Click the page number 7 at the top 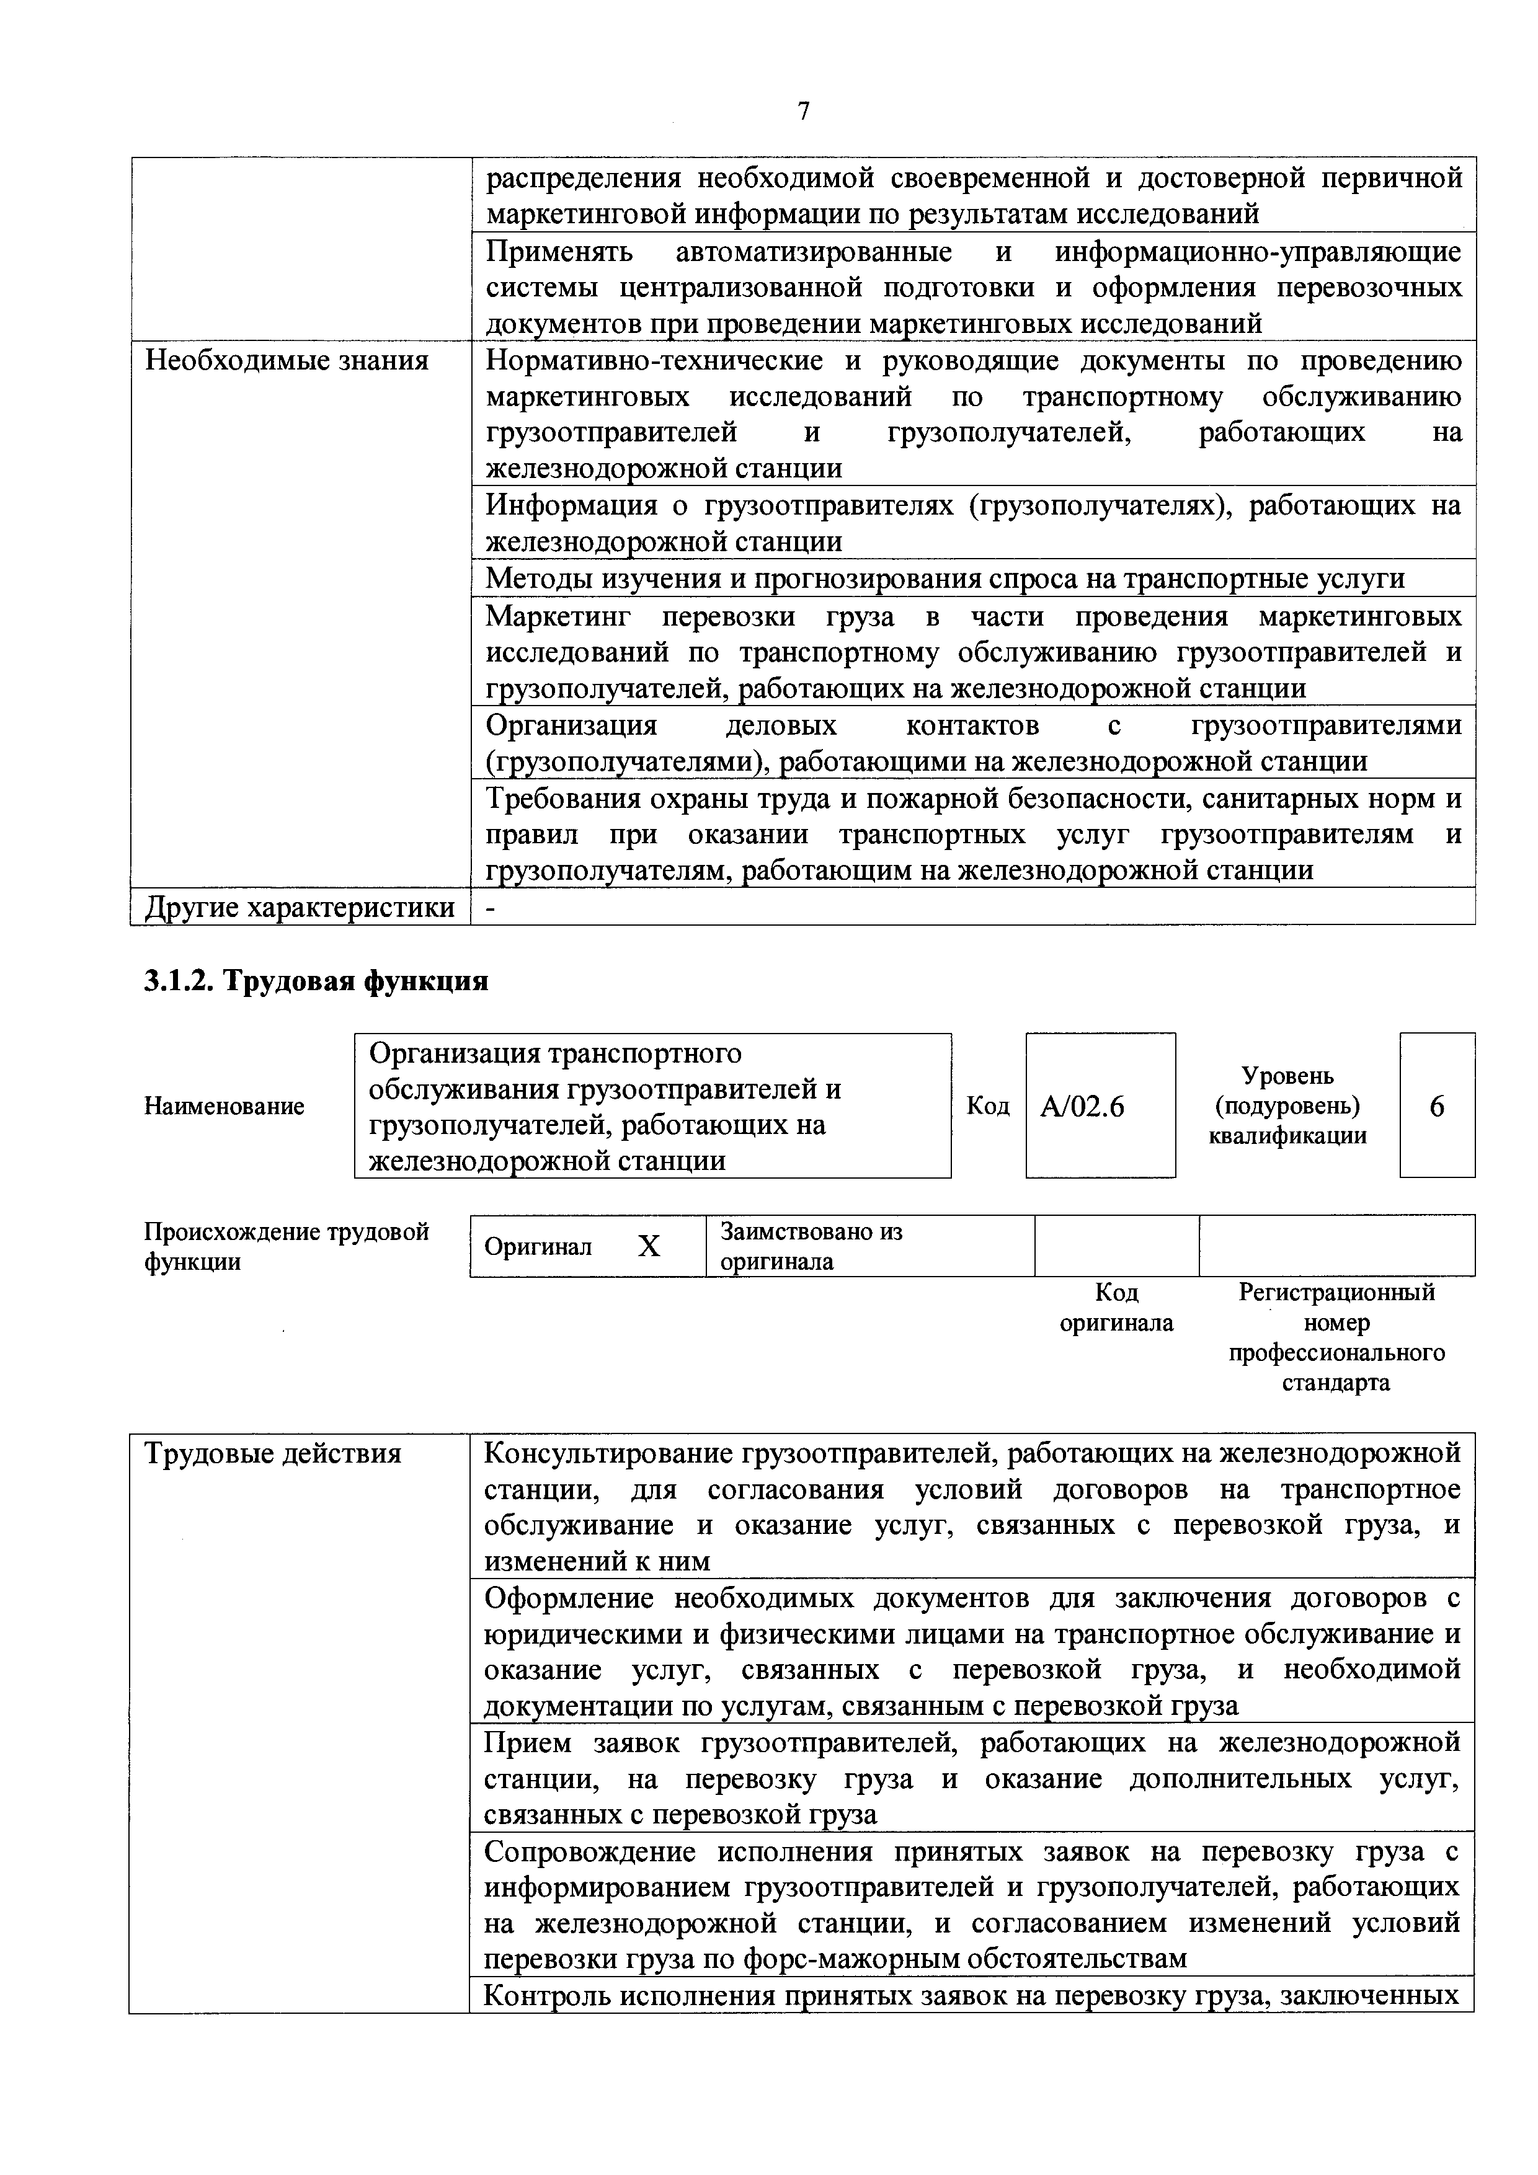pyautogui.click(x=804, y=112)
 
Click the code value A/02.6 pyautogui.click(x=1082, y=1107)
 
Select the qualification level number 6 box pyautogui.click(x=1437, y=1107)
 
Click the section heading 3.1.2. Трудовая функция pyautogui.click(x=316, y=980)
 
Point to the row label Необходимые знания pyautogui.click(x=286, y=361)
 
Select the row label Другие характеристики pyautogui.click(x=300, y=908)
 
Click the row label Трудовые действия pyautogui.click(x=273, y=1453)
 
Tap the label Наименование pyautogui.click(x=224, y=1107)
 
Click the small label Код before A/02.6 pyautogui.click(x=987, y=1107)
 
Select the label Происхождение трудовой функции pyautogui.click(x=286, y=1247)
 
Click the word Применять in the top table pyautogui.click(x=559, y=252)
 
